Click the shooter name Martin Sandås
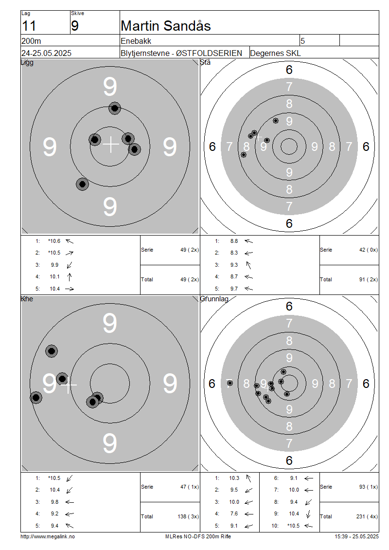click(165, 26)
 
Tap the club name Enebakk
click(136, 41)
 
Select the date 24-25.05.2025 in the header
click(46, 54)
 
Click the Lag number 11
click(29, 26)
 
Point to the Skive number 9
click(75, 26)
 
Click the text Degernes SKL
click(275, 54)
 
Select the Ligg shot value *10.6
click(54, 241)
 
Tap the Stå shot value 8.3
click(234, 253)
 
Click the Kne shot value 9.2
click(54, 513)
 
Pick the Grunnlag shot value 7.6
click(234, 513)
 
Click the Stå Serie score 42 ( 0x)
click(369, 250)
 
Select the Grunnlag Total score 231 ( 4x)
click(367, 516)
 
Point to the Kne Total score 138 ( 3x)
click(188, 516)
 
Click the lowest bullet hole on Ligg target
click(82, 184)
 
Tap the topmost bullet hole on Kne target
click(52, 351)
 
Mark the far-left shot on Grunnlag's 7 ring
click(230, 383)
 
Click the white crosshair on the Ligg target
click(111, 144)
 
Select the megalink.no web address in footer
click(48, 536)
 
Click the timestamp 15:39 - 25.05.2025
click(356, 536)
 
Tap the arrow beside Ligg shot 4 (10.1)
click(70, 277)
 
